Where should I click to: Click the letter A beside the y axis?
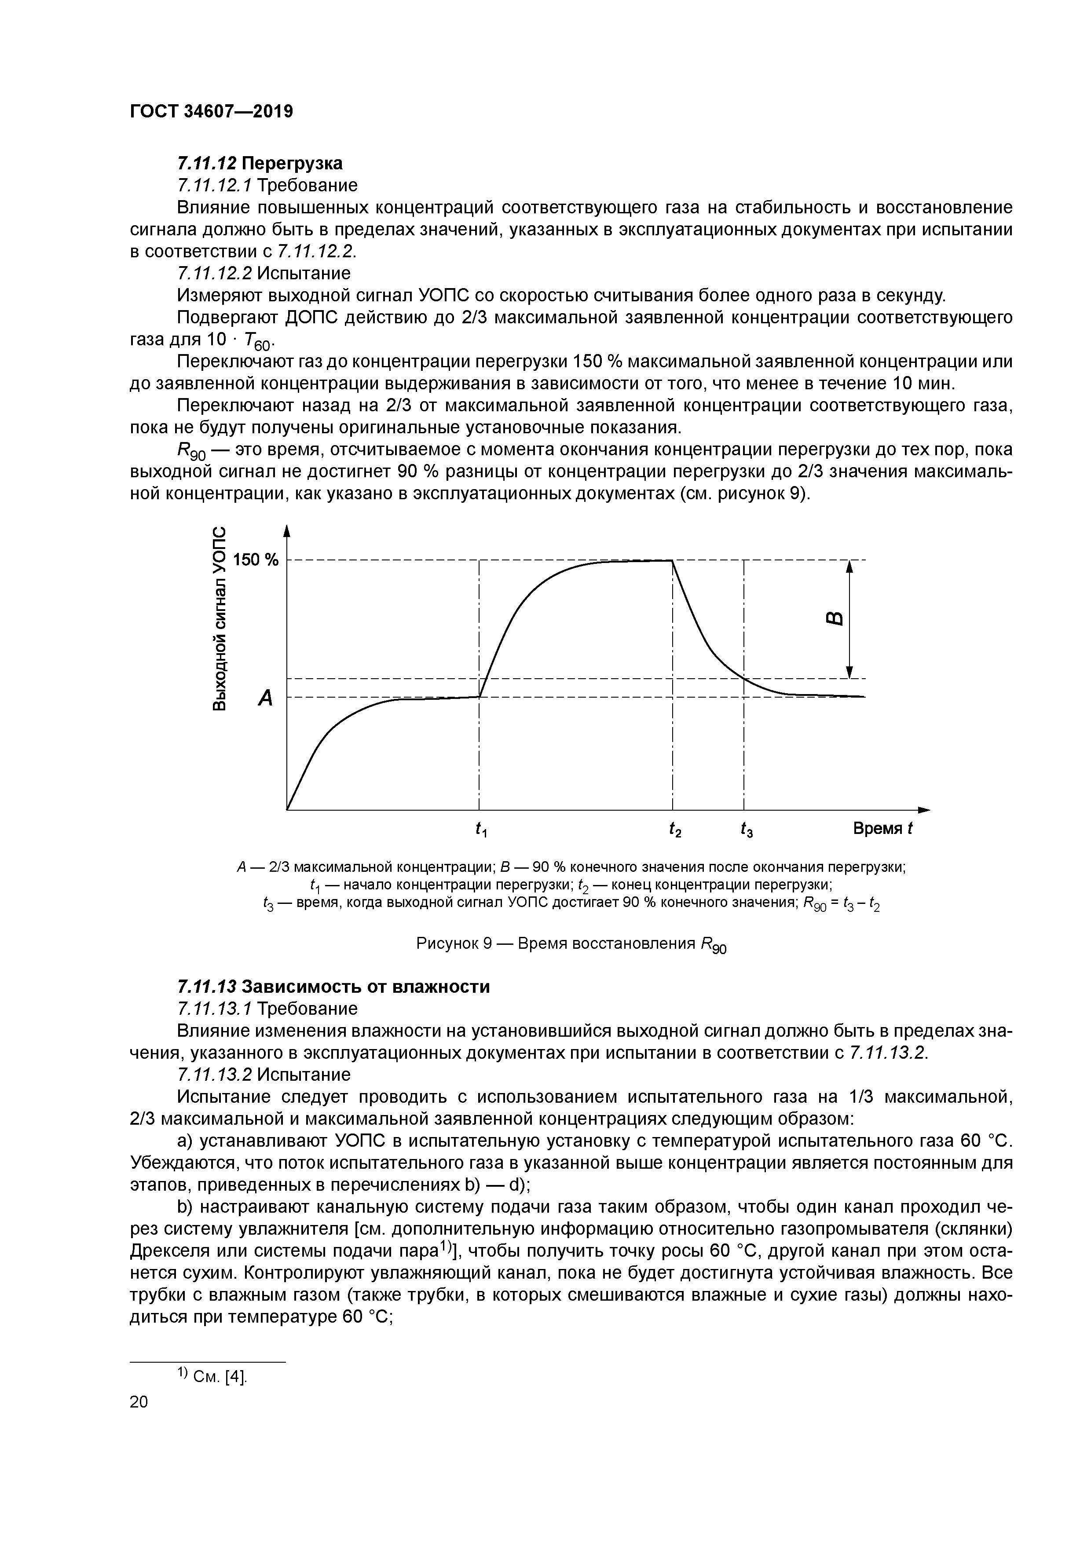coord(266,698)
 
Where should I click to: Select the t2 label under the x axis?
coord(675,830)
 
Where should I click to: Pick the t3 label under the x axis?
coord(746,830)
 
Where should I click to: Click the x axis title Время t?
coord(882,829)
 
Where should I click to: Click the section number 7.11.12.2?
coord(214,274)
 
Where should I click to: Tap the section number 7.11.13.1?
coord(214,1009)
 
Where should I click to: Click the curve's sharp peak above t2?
coord(672,560)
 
